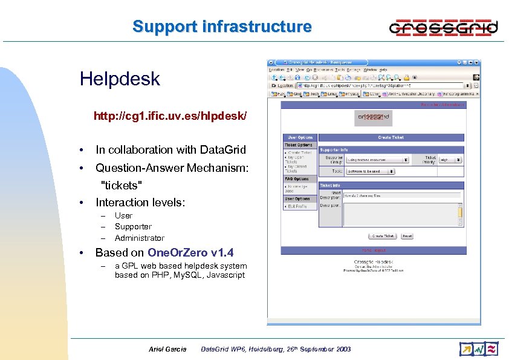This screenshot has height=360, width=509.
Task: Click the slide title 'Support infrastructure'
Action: [222, 27]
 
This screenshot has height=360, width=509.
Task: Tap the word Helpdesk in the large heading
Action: [120, 79]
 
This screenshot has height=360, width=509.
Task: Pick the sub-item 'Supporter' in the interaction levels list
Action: [133, 226]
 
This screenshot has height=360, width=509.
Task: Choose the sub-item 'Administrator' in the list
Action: [139, 238]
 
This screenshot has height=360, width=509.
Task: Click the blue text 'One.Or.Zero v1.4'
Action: [190, 252]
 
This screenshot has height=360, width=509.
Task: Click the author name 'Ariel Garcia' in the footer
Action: [167, 349]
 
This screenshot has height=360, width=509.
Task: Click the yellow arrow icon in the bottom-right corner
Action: [466, 349]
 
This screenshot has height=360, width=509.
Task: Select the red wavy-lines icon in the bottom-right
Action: [492, 349]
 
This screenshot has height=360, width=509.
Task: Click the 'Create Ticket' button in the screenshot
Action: [383, 236]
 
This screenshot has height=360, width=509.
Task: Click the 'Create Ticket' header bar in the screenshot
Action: [392, 137]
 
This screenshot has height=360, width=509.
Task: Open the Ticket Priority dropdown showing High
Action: [451, 160]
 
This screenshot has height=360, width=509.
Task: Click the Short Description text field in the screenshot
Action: [402, 195]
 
